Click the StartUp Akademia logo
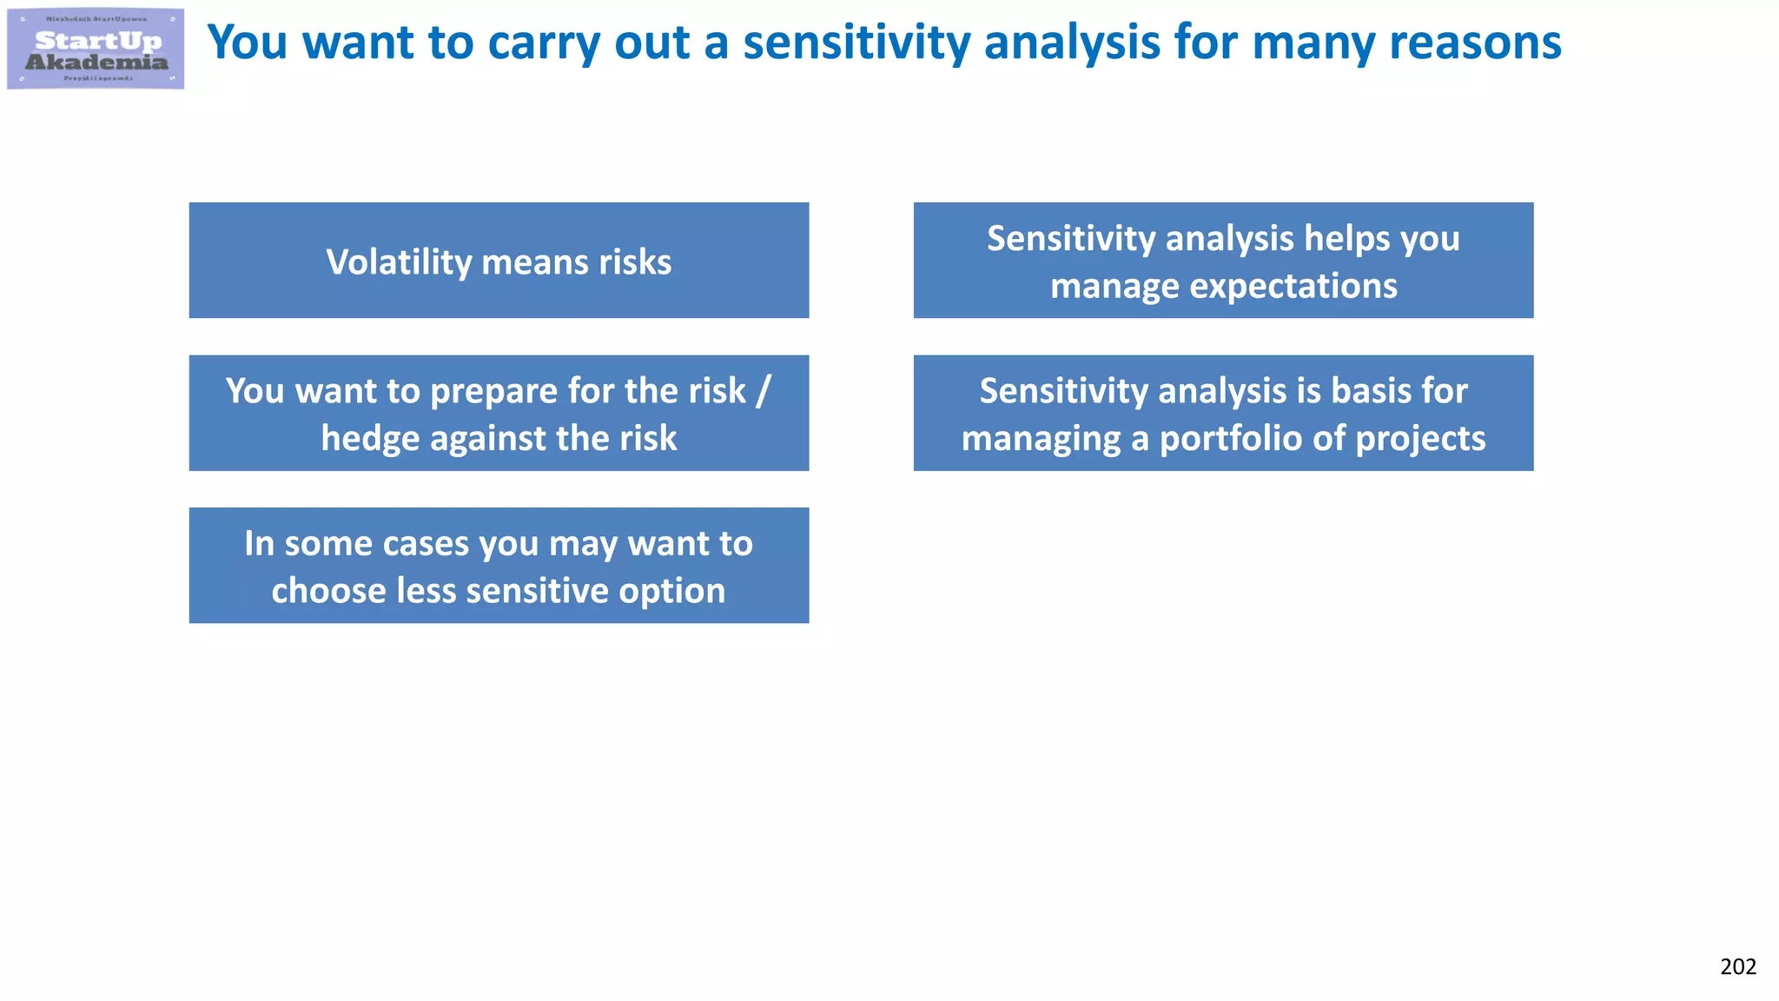(x=96, y=49)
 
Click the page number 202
(x=1737, y=966)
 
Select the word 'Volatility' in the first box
(x=399, y=262)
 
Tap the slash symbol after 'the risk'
(x=762, y=391)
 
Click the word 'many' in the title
(x=1312, y=43)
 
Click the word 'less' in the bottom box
(x=426, y=591)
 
